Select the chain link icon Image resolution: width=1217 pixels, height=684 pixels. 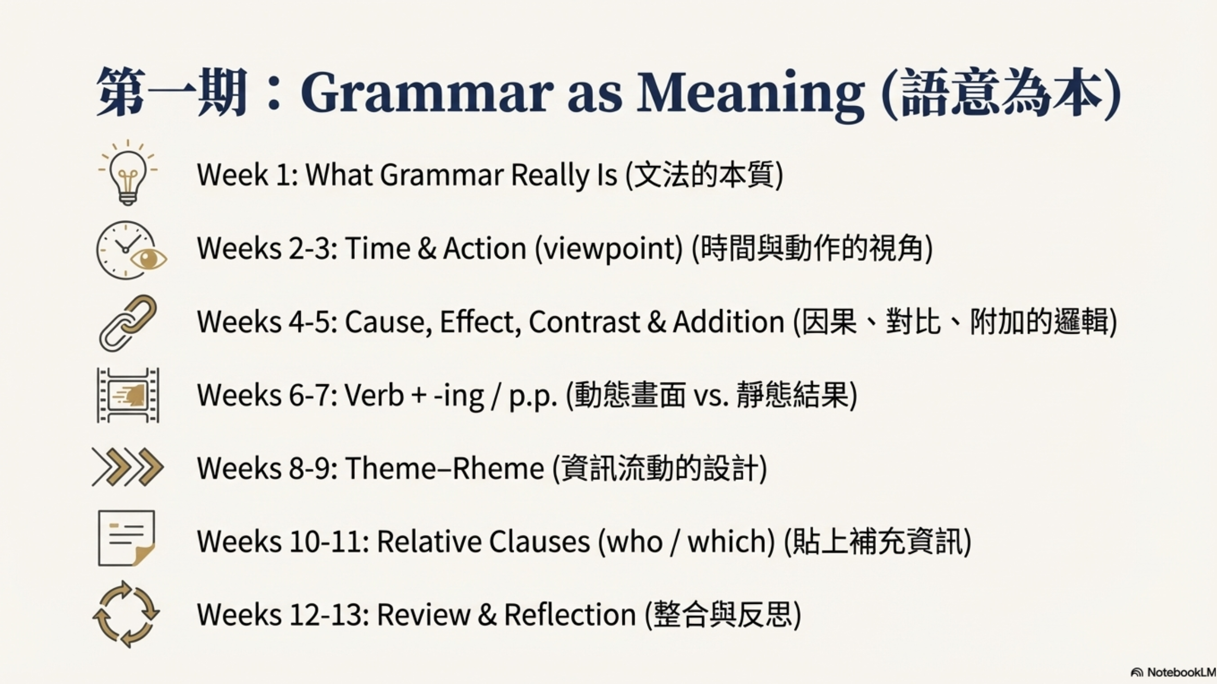(128, 323)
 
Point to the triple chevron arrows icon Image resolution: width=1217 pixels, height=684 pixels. (128, 467)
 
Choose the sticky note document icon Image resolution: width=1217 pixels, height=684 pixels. (127, 538)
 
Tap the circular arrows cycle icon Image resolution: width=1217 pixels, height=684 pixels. (126, 614)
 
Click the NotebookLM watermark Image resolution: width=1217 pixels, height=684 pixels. (1174, 673)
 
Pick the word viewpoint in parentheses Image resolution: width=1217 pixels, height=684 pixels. (609, 249)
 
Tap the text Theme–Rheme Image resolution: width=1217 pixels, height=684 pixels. (445, 468)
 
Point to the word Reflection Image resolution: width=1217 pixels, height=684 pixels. (570, 615)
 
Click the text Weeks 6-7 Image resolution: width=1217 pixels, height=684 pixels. (268, 395)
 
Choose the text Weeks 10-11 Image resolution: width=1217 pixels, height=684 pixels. (283, 541)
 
